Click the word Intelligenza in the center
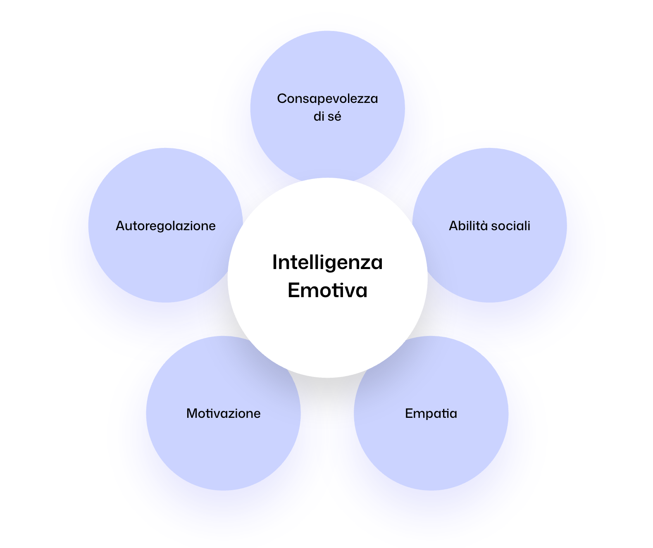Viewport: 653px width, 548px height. click(327, 262)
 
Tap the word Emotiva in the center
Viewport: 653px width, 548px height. click(327, 290)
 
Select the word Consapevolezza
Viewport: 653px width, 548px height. click(327, 99)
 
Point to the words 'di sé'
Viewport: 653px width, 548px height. click(327, 117)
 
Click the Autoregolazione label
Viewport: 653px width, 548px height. click(166, 226)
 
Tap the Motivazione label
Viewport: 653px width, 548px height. click(223, 413)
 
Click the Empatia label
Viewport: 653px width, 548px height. click(431, 413)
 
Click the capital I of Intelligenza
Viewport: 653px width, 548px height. click(275, 262)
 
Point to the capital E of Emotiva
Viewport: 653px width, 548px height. click(293, 290)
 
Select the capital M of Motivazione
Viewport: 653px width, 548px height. click(191, 413)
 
